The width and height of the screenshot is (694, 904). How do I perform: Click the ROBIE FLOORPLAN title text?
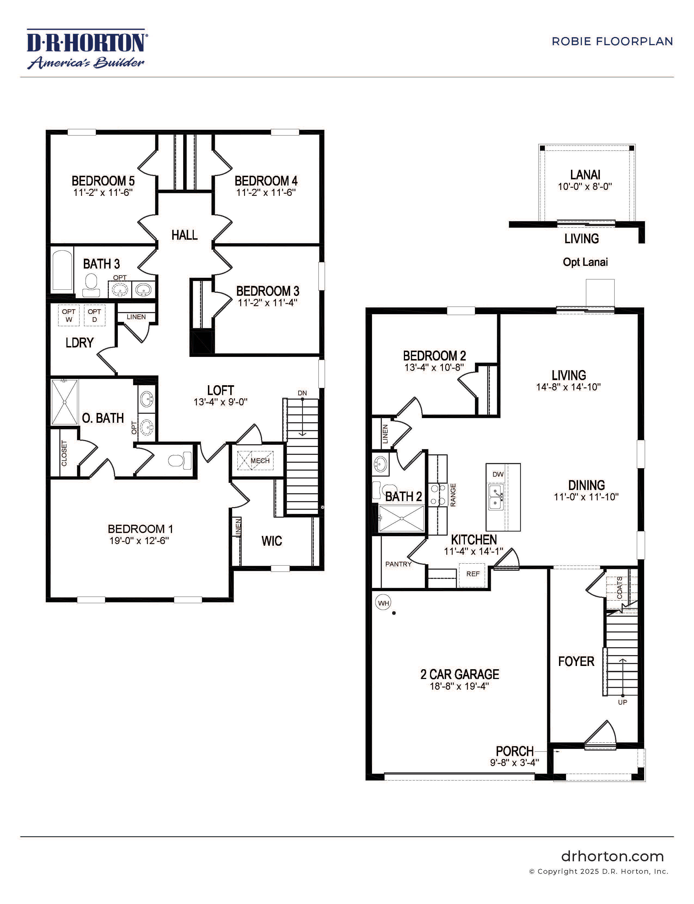coord(612,42)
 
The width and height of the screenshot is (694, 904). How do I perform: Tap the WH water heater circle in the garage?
coord(383,603)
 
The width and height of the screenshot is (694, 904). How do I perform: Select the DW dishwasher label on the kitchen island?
coord(498,474)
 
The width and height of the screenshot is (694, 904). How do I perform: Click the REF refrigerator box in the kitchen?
coord(472,574)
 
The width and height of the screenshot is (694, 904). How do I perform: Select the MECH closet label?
coord(260,461)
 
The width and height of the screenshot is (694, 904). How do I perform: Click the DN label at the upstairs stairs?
coord(302,393)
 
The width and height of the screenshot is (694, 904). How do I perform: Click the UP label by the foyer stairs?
coord(622,702)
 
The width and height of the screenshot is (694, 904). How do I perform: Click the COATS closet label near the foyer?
coord(619,588)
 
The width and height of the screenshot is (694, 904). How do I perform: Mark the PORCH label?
coord(514,751)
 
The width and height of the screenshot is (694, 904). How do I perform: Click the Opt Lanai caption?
coord(585,262)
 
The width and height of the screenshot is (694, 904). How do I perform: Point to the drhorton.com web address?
coord(612,856)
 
